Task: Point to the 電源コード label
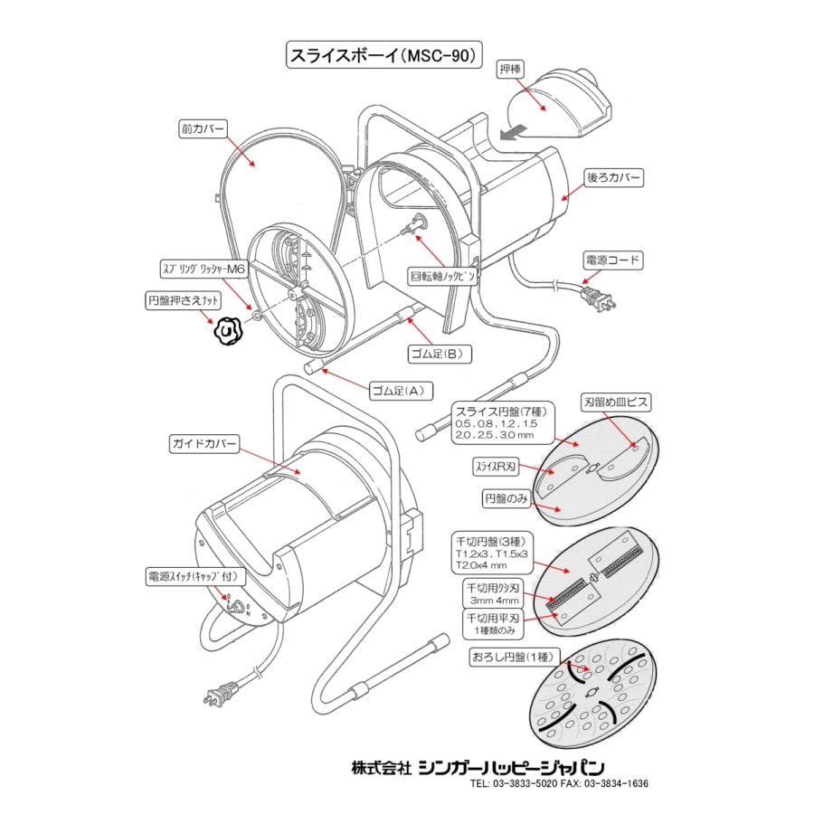click(612, 261)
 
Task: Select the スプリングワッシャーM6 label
click(203, 269)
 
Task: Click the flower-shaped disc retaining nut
click(226, 332)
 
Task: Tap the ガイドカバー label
click(203, 444)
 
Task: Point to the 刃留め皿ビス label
click(614, 401)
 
